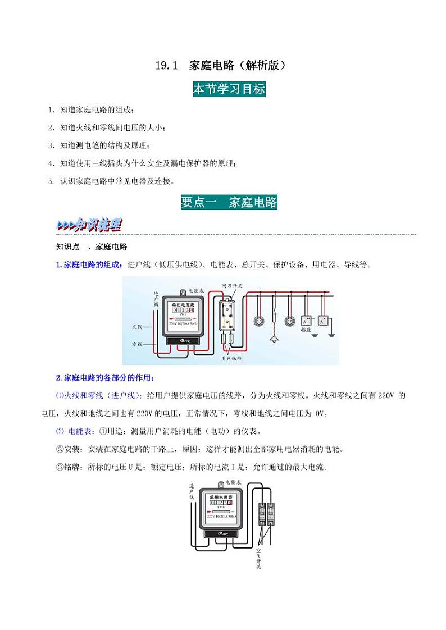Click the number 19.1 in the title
click(x=166, y=66)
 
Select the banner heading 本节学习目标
click(x=229, y=89)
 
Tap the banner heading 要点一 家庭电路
click(x=229, y=202)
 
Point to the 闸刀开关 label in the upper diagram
click(x=231, y=286)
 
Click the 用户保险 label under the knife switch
click(x=231, y=358)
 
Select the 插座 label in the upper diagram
click(x=306, y=330)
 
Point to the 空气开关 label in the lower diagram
click(x=258, y=553)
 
